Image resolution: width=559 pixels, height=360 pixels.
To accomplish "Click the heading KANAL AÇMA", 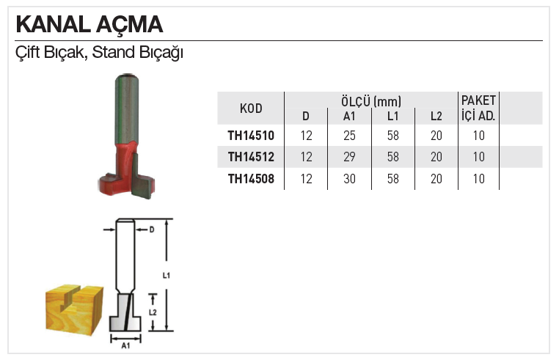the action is coord(89,25).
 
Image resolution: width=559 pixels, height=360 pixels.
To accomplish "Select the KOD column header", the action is coord(251,109).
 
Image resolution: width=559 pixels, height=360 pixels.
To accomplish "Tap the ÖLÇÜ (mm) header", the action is coord(371,102).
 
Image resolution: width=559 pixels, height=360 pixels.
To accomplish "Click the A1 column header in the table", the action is coord(349,116).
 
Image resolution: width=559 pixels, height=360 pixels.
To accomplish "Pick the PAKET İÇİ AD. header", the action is coord(478,108).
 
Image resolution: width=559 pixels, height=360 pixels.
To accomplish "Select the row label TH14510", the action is coord(251,136).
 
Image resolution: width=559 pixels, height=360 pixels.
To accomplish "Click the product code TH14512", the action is coord(251,157).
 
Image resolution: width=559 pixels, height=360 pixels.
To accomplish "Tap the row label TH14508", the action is coord(251,179).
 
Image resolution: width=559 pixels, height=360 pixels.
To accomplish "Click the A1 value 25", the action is coord(349,136).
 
